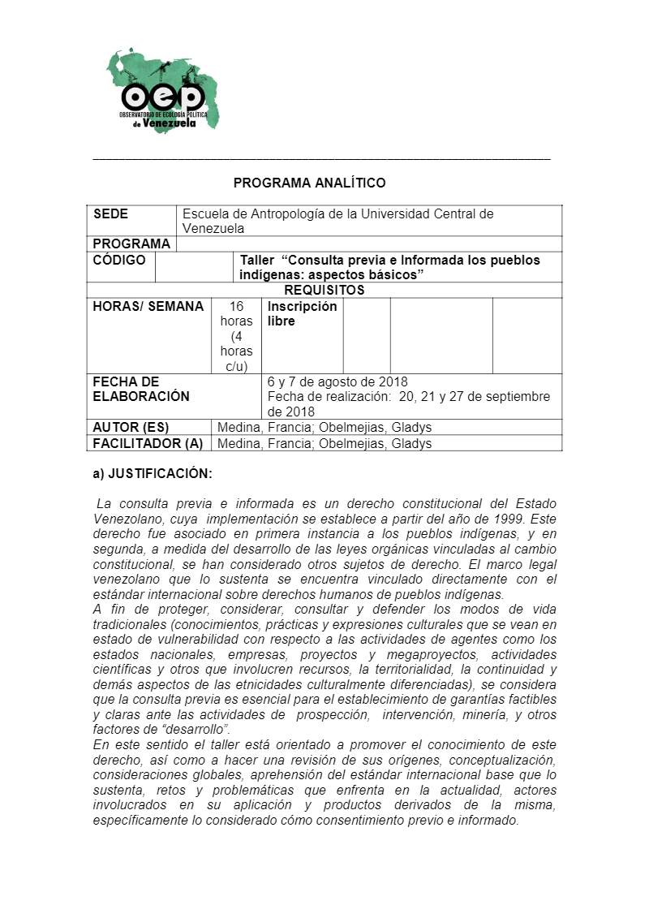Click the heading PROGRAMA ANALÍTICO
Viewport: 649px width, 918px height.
point(309,183)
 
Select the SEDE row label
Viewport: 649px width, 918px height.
point(111,214)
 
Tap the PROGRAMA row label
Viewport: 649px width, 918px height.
point(131,244)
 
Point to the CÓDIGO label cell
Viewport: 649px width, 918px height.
point(119,261)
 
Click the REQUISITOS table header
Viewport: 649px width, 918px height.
point(324,290)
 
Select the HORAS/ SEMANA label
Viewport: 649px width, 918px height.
point(148,307)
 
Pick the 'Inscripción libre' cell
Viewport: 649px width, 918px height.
point(302,314)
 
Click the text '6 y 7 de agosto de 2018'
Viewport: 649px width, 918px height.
point(337,382)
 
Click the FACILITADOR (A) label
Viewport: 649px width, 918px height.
point(148,443)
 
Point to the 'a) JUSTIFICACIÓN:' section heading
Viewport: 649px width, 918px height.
point(153,473)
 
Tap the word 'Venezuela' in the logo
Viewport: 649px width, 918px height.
point(170,124)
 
